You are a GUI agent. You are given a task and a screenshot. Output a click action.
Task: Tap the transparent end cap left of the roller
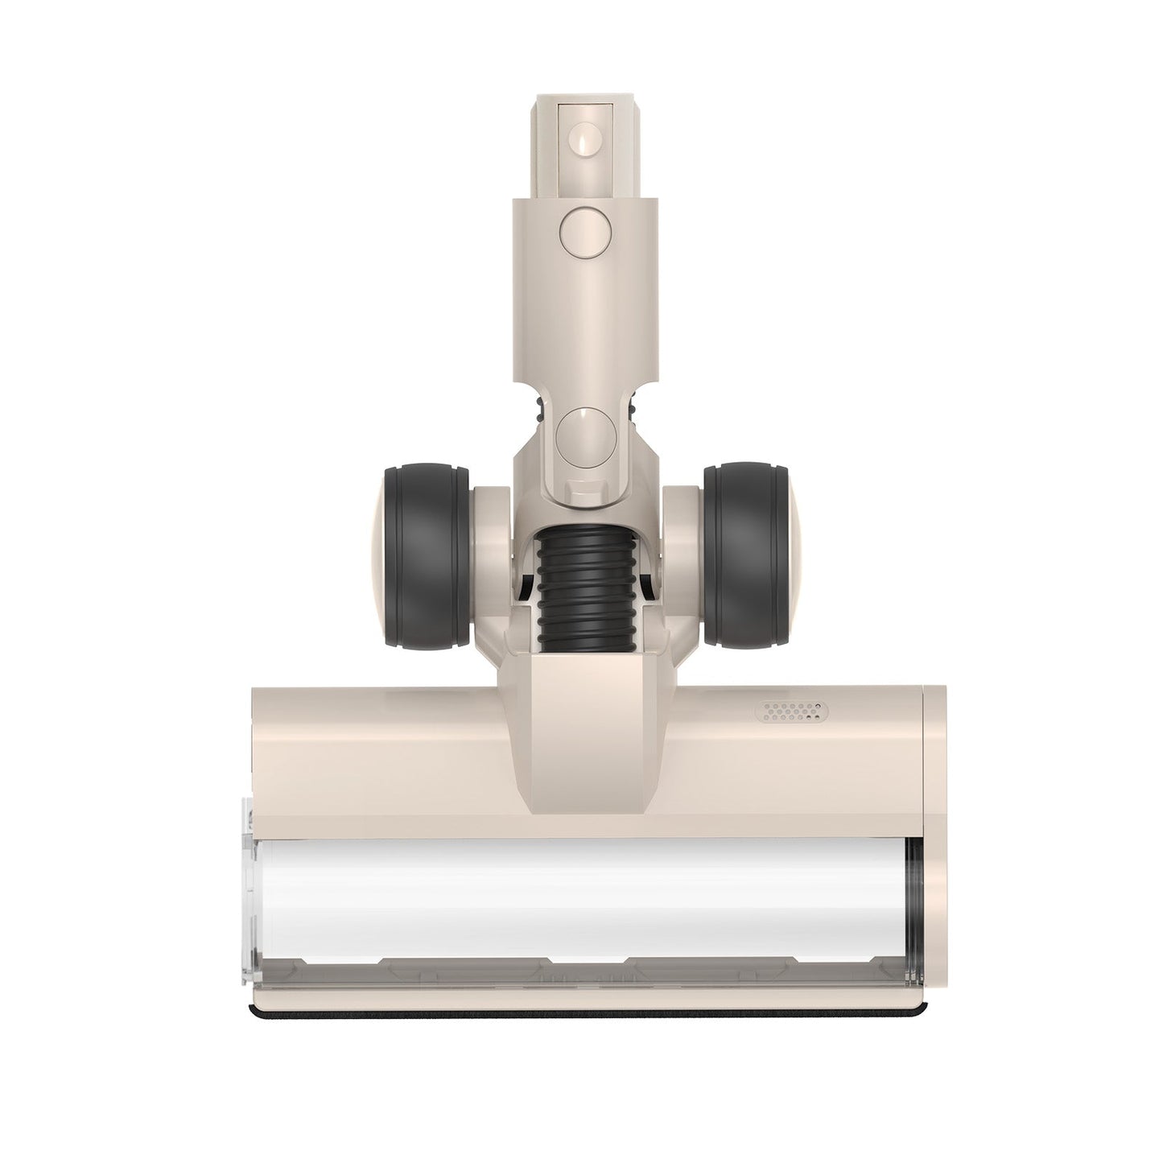[x=250, y=893]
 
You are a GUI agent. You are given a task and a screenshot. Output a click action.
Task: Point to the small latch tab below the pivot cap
[x=581, y=489]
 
